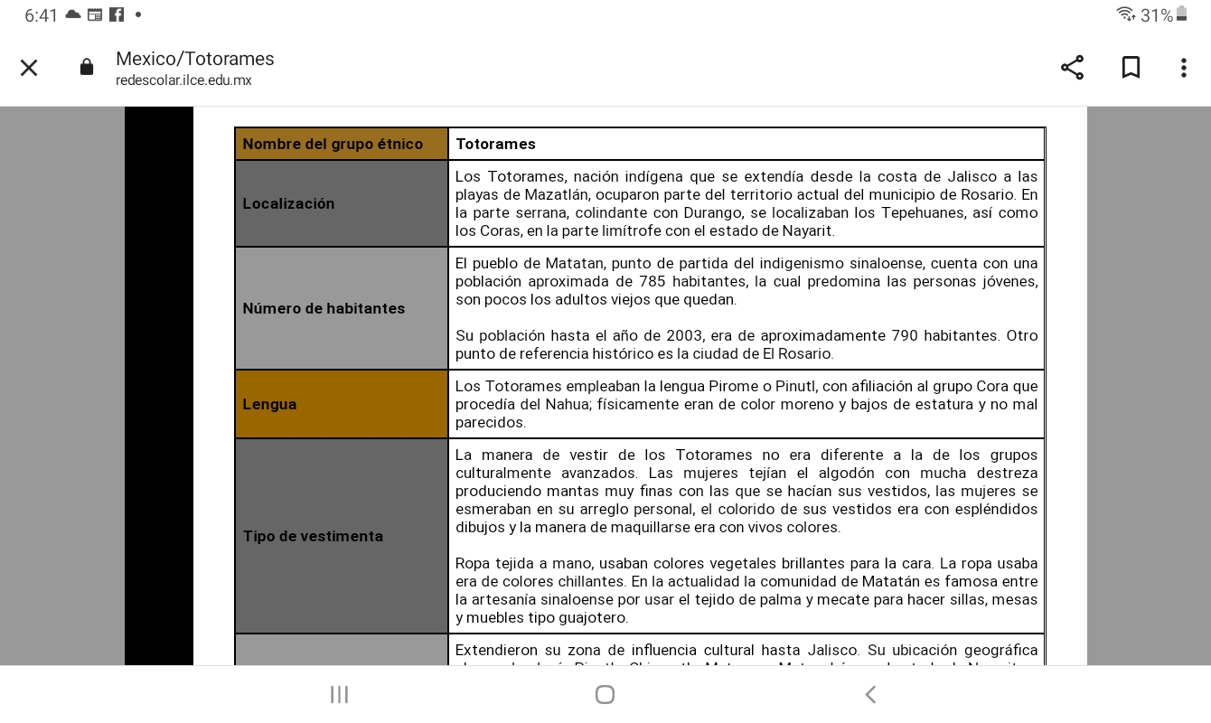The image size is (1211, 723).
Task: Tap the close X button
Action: (x=29, y=68)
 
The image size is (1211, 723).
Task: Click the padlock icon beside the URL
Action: (x=87, y=68)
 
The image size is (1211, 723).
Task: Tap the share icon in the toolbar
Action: (x=1072, y=68)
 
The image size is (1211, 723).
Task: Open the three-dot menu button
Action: (x=1183, y=68)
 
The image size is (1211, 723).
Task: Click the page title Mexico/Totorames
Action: (x=194, y=59)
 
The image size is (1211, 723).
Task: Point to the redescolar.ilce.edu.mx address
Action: (x=183, y=80)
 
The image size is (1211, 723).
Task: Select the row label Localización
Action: (x=288, y=204)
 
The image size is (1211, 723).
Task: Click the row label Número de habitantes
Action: (x=324, y=309)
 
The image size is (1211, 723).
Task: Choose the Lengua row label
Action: (x=269, y=405)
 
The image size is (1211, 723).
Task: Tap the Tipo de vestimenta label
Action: (x=313, y=537)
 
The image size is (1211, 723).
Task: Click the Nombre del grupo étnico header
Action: (x=333, y=145)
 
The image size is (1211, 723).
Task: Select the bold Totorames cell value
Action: (x=495, y=145)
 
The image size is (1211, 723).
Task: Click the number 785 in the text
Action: (x=652, y=282)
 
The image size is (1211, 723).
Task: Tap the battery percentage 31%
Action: (x=1156, y=15)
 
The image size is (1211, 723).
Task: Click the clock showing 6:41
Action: (x=42, y=15)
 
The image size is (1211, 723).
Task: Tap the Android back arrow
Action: (x=870, y=694)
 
